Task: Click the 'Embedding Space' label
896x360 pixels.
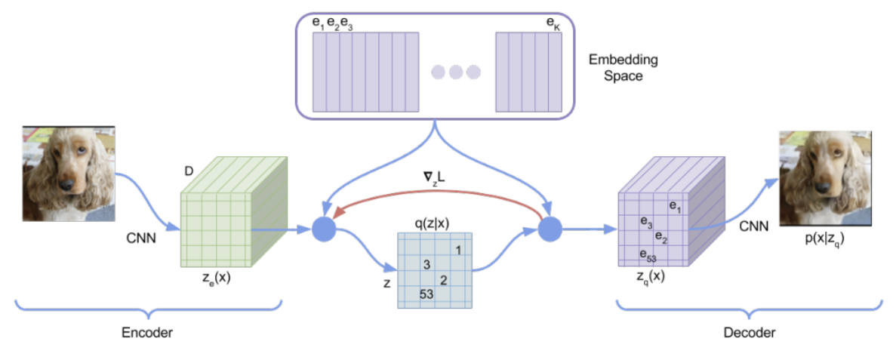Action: [x=624, y=67]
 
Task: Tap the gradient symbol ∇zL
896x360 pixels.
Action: [x=434, y=178]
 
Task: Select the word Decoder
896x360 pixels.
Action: [x=749, y=332]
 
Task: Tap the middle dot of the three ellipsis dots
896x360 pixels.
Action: [x=455, y=72]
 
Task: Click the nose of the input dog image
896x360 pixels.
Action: [x=68, y=183]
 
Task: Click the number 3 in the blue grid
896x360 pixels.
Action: [x=427, y=265]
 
